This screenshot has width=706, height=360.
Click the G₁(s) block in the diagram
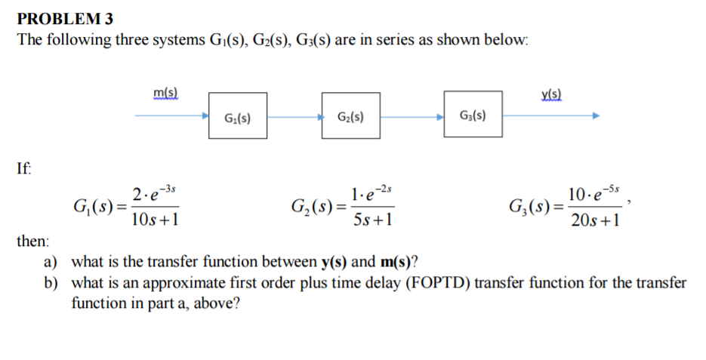(x=238, y=116)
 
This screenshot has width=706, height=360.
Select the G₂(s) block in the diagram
(x=350, y=116)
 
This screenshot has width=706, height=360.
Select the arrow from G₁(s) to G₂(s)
(x=294, y=117)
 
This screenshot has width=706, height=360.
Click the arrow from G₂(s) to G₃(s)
(x=412, y=117)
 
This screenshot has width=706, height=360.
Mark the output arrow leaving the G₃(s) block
(x=551, y=116)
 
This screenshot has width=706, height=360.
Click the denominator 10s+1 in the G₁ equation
(x=155, y=220)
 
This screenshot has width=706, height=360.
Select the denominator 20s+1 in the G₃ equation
(x=596, y=220)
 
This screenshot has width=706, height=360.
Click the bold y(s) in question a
(x=334, y=263)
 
